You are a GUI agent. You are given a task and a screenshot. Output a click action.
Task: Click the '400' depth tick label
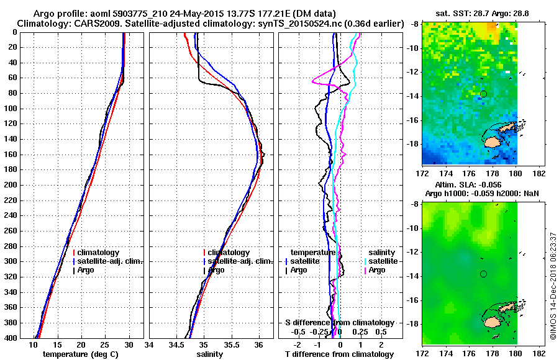coord(12,338)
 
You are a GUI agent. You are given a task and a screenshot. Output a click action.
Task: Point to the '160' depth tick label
coord(12,155)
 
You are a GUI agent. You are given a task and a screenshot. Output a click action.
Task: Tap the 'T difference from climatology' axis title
coord(340,354)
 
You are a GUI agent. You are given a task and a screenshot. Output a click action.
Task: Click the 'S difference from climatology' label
coord(339,323)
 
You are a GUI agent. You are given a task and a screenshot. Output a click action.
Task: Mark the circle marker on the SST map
coord(483,94)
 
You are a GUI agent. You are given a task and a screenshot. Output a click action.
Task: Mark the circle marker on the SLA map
coord(483,274)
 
